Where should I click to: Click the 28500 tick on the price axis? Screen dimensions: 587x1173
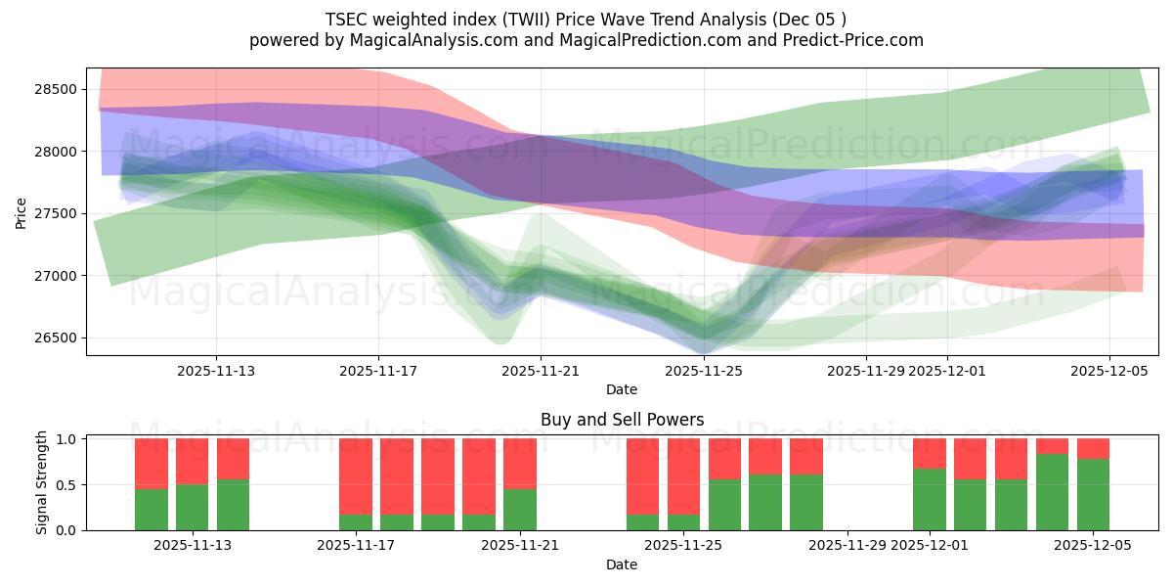[x=57, y=89]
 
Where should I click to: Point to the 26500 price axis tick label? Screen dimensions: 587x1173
[x=57, y=339]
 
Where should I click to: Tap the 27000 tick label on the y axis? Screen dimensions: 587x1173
[x=57, y=276]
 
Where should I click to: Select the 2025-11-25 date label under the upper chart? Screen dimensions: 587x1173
[x=704, y=371]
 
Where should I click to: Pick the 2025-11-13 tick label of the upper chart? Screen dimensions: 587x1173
[x=216, y=371]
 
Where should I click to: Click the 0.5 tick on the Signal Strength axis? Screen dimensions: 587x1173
[x=66, y=485]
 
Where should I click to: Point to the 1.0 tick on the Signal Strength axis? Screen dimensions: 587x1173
[x=66, y=439]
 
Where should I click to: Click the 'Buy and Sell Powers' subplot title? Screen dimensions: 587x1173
[x=622, y=420]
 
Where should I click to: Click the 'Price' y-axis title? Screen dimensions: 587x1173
[x=22, y=212]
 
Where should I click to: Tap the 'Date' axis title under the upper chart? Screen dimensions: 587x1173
[x=622, y=389]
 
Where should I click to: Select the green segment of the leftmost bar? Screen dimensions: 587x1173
[x=152, y=510]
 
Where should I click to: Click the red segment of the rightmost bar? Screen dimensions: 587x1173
[x=1093, y=448]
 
